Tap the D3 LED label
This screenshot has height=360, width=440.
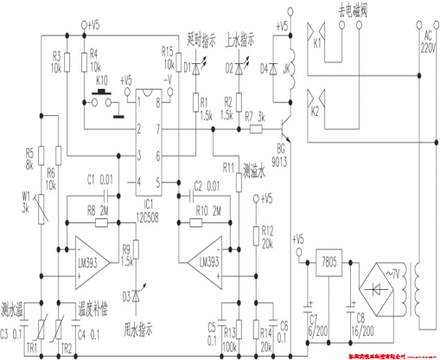click(x=127, y=297)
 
